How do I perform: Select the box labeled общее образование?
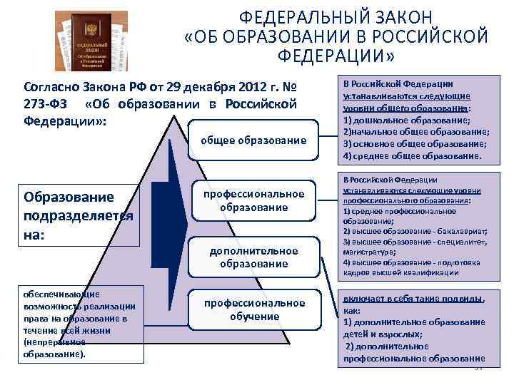click(254, 140)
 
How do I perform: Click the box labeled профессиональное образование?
click(254, 200)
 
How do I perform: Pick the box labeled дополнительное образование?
click(253, 257)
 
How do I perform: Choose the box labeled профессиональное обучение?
click(254, 309)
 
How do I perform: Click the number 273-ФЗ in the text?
click(44, 105)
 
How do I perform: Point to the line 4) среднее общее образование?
click(412, 155)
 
